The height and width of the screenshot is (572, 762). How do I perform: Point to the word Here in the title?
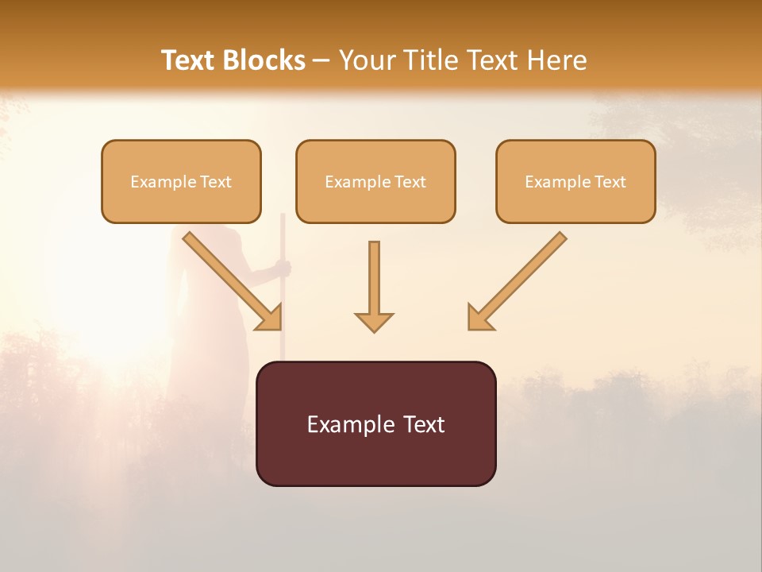[x=559, y=60]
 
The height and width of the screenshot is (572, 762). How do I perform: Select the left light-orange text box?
[x=181, y=181]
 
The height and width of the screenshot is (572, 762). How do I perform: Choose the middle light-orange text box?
[x=375, y=181]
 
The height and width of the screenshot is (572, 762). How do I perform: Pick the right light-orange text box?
[x=575, y=181]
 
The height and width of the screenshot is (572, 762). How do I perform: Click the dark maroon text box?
[x=375, y=423]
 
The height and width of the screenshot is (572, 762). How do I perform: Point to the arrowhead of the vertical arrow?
[x=374, y=322]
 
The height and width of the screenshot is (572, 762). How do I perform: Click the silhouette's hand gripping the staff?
[x=283, y=269]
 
